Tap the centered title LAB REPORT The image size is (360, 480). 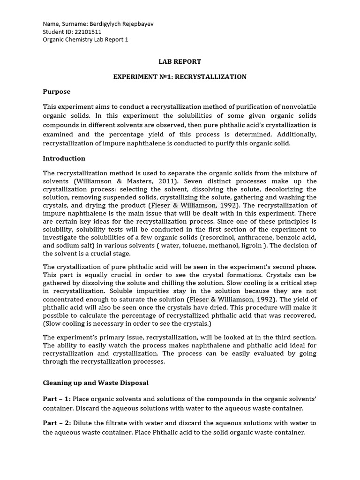(x=180, y=61)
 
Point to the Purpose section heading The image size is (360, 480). (x=57, y=92)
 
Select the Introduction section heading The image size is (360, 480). (x=64, y=158)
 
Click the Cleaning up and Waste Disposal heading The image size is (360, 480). (x=96, y=382)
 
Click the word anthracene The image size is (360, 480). (x=254, y=238)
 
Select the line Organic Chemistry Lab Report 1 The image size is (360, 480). (x=85, y=40)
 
